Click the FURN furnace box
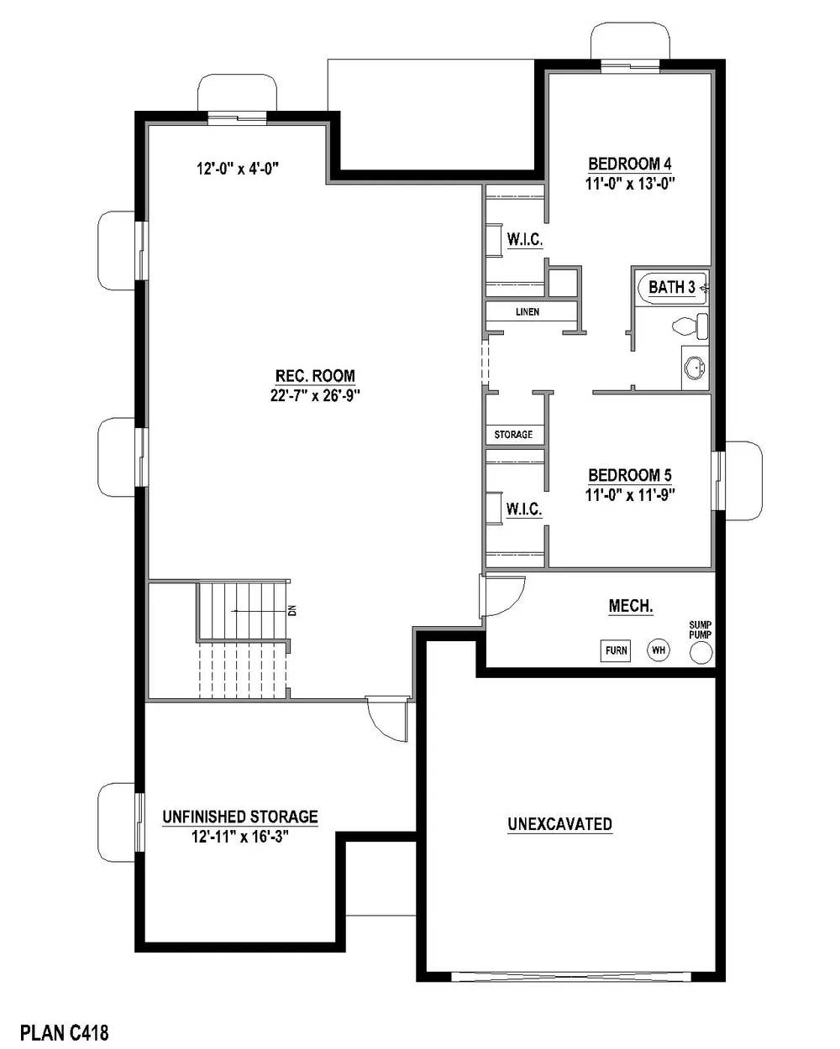[615, 650]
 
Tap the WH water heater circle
[658, 650]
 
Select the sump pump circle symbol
[701, 653]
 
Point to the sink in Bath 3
[694, 368]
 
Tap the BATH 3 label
[672, 287]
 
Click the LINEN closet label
[528, 311]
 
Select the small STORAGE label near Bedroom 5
[513, 435]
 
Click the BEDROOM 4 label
[630, 164]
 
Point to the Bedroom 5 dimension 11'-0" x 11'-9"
[630, 495]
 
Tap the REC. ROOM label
[315, 376]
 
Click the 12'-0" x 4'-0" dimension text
[238, 169]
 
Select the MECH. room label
[631, 606]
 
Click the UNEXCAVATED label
[559, 824]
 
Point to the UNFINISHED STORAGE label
[240, 817]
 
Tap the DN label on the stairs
[292, 610]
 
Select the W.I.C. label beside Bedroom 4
[525, 239]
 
